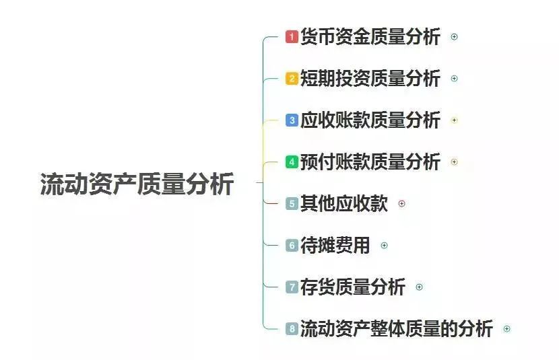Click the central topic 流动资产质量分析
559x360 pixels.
click(137, 184)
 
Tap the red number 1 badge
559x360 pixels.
click(292, 37)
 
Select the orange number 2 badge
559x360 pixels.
click(292, 78)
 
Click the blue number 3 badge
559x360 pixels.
click(292, 120)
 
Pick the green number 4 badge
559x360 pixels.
click(292, 162)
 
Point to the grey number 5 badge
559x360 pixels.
click(292, 204)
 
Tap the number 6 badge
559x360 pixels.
click(292, 246)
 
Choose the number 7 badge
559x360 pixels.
click(292, 287)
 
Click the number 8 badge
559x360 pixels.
click(292, 328)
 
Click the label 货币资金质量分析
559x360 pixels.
click(370, 37)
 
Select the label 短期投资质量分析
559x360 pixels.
click(370, 78)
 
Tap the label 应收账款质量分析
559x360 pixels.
click(370, 120)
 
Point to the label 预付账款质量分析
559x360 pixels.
click(370, 162)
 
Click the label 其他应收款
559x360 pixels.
click(344, 204)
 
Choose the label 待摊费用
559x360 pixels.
click(335, 246)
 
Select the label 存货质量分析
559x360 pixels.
click(353, 287)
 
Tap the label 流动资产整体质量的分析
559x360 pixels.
click(397, 328)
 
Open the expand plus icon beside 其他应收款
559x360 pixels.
click(402, 204)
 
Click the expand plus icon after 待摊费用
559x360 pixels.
click(385, 246)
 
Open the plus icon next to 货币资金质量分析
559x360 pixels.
click(454, 37)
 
